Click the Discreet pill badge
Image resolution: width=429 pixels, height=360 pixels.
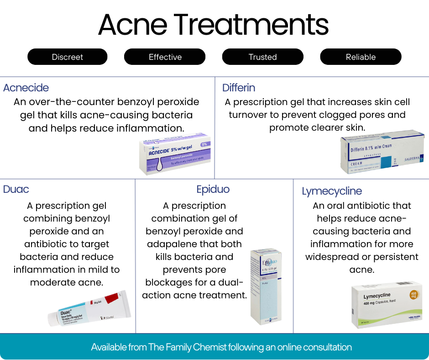pyautogui.click(x=68, y=57)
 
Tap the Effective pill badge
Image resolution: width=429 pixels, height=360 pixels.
pyautogui.click(x=165, y=57)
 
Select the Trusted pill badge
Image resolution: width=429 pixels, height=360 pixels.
pyautogui.click(x=262, y=57)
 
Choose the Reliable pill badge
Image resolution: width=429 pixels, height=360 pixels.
pyautogui.click(x=361, y=57)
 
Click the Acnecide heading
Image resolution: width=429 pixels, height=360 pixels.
pyautogui.click(x=26, y=88)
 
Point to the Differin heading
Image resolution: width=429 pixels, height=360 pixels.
pyautogui.click(x=239, y=88)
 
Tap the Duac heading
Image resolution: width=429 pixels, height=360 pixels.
pyautogui.click(x=16, y=189)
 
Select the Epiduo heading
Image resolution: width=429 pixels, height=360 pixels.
pyautogui.click(x=213, y=189)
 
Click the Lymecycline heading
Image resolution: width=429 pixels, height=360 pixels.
pyautogui.click(x=332, y=191)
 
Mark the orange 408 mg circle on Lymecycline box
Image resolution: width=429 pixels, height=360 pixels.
pyautogui.click(x=414, y=294)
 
